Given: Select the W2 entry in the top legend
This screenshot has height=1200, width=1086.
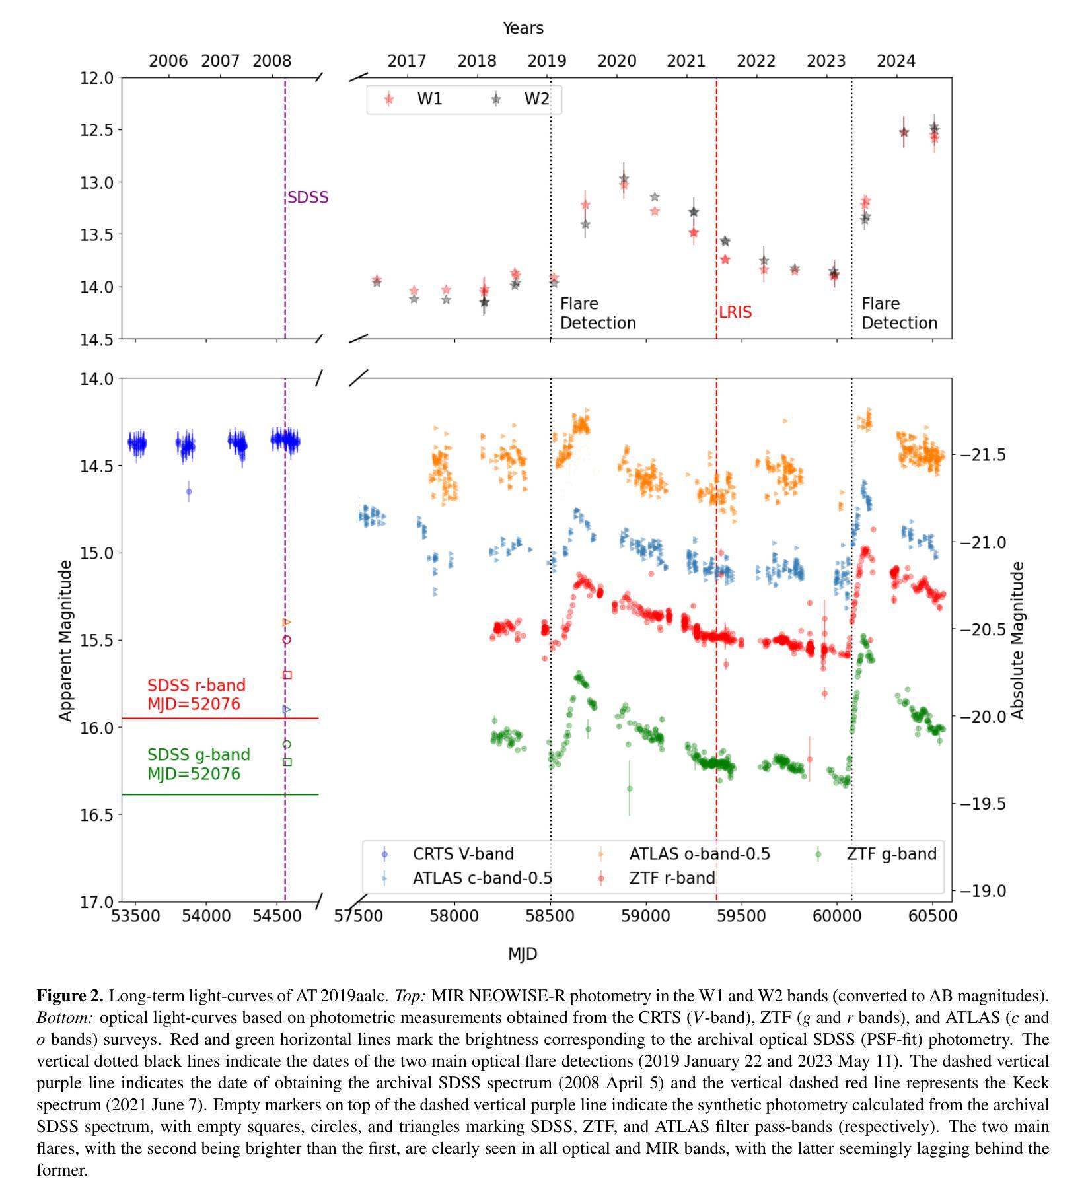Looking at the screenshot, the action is pyautogui.click(x=521, y=99).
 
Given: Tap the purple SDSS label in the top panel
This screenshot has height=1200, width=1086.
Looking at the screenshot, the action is pyautogui.click(x=308, y=197).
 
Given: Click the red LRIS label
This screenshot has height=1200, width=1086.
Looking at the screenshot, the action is pyautogui.click(x=735, y=312).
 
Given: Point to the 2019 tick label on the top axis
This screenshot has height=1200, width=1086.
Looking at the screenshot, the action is pyautogui.click(x=547, y=61).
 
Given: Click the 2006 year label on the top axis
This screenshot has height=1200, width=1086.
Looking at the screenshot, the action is pyautogui.click(x=168, y=61).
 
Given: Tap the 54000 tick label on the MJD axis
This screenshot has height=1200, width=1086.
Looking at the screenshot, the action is pyautogui.click(x=205, y=917).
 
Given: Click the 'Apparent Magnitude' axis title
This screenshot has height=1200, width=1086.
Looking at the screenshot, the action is pyautogui.click(x=65, y=641).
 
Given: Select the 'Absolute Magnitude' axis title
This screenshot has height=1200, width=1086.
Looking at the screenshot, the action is pyautogui.click(x=1018, y=641).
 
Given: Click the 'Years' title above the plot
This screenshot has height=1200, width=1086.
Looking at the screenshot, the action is pyautogui.click(x=523, y=28).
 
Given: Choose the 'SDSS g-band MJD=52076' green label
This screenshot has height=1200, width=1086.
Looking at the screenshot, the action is pyautogui.click(x=199, y=764).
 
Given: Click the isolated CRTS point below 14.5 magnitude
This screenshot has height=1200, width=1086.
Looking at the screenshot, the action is pyautogui.click(x=189, y=491).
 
